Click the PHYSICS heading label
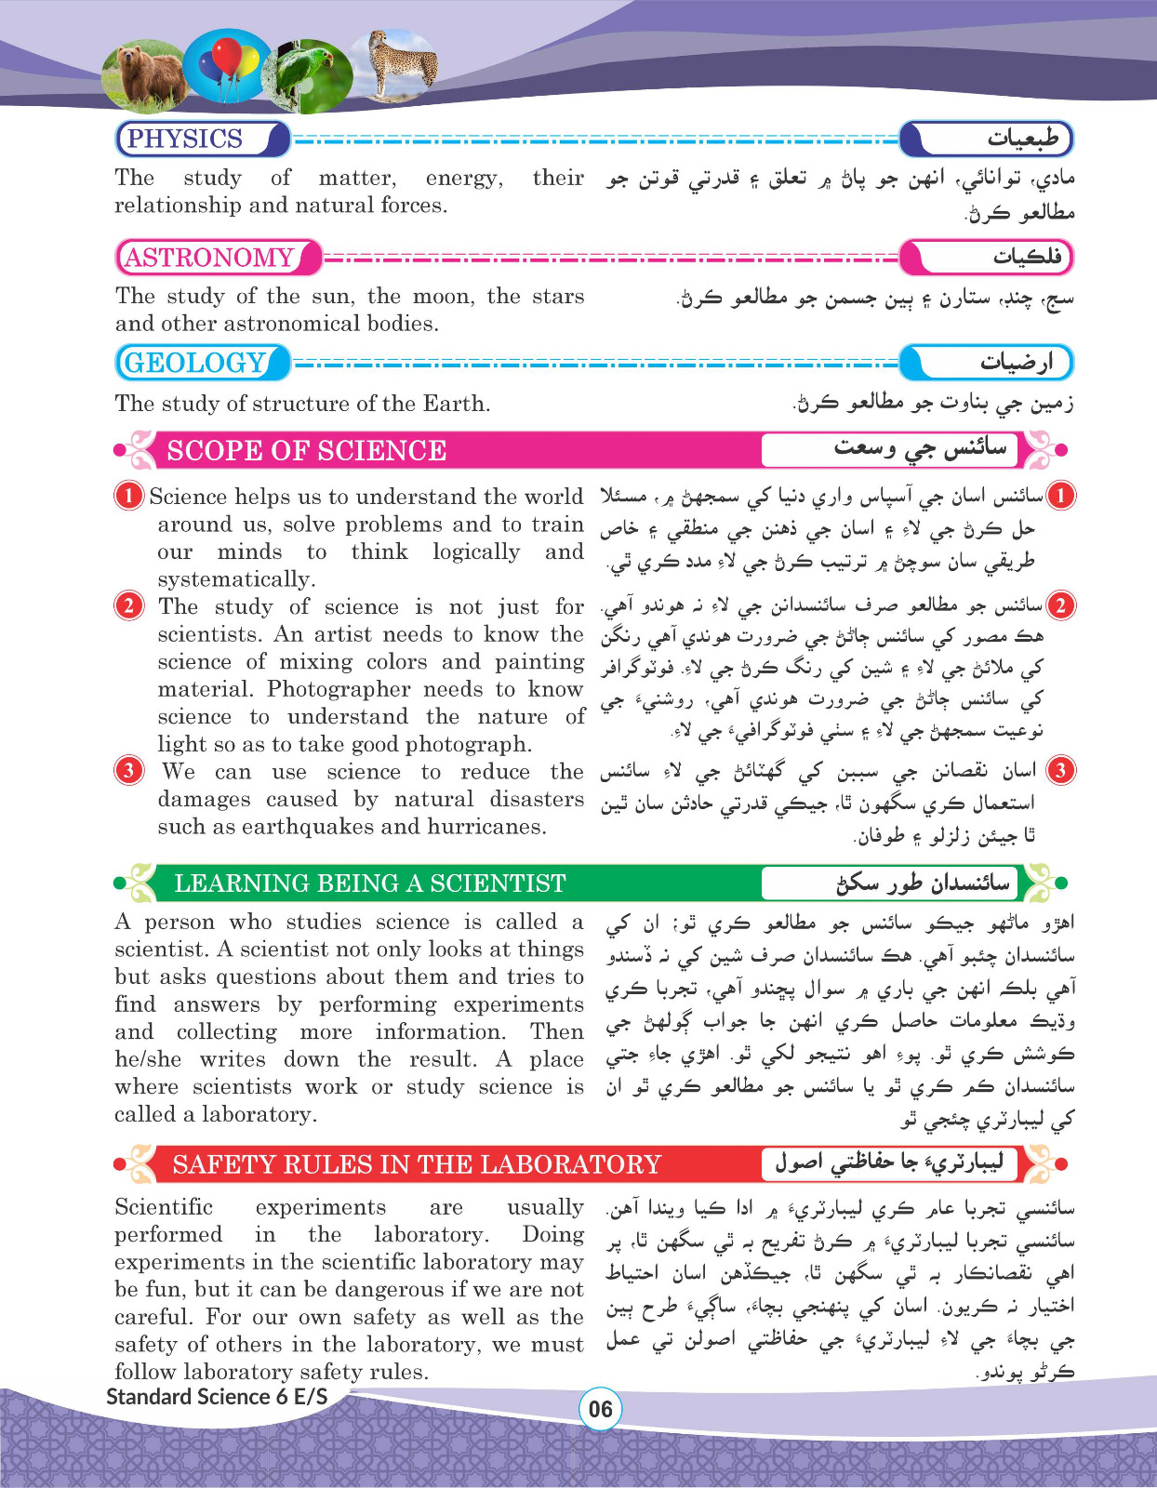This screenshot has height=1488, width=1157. [x=185, y=139]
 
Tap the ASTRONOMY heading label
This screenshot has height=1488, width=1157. [x=209, y=258]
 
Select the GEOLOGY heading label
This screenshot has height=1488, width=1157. [x=195, y=363]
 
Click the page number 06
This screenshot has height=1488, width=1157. [x=601, y=1409]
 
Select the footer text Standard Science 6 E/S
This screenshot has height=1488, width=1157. [x=217, y=1396]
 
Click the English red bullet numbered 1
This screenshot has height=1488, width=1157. [x=128, y=496]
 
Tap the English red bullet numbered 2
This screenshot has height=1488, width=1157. [x=128, y=605]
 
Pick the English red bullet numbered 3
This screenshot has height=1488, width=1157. [x=128, y=770]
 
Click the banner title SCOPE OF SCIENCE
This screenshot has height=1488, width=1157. [x=306, y=450]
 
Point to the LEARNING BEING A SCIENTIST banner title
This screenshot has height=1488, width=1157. [x=369, y=883]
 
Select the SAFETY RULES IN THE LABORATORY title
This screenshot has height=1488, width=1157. [x=416, y=1164]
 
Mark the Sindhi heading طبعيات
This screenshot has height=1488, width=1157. [x=1023, y=139]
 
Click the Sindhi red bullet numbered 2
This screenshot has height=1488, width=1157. [x=1060, y=605]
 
